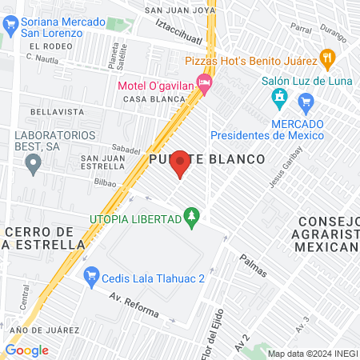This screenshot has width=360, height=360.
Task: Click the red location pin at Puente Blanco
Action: pyautogui.click(x=180, y=163)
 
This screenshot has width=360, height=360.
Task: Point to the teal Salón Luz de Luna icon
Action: pyautogui.click(x=279, y=98)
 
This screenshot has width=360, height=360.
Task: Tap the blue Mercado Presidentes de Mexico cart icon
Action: pyautogui.click(x=304, y=102)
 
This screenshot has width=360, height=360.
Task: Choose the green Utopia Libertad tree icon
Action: pyautogui.click(x=191, y=216)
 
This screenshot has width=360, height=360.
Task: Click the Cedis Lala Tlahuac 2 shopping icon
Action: pyautogui.click(x=90, y=275)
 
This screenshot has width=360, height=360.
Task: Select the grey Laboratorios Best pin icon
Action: pyautogui.click(x=33, y=166)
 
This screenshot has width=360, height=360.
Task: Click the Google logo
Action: pyautogui.click(x=26, y=350)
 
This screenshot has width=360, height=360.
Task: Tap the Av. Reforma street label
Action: pyautogui.click(x=134, y=306)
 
